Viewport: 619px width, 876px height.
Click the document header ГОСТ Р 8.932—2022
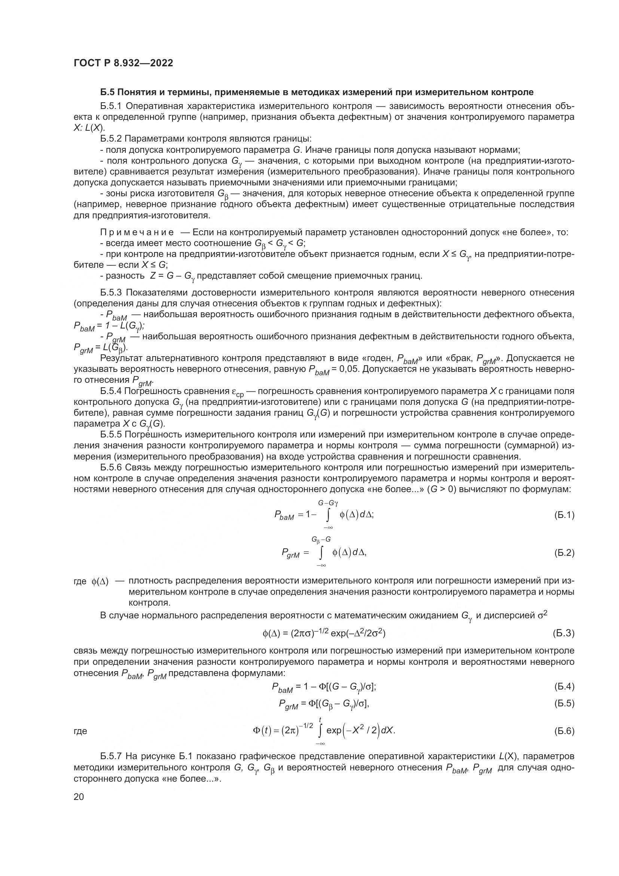[123, 63]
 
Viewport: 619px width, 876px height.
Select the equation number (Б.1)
[564, 515]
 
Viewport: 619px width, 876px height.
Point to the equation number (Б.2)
[564, 552]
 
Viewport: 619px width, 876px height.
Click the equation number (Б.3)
[563, 633]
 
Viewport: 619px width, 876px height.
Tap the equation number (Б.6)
[564, 731]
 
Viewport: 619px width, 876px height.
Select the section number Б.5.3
[111, 292]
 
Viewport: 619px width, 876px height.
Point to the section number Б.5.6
[111, 468]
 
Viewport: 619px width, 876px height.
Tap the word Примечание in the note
[137, 232]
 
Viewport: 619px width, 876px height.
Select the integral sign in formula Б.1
[327, 515]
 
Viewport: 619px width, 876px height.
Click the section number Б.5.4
[111, 391]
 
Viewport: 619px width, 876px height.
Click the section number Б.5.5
[111, 434]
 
